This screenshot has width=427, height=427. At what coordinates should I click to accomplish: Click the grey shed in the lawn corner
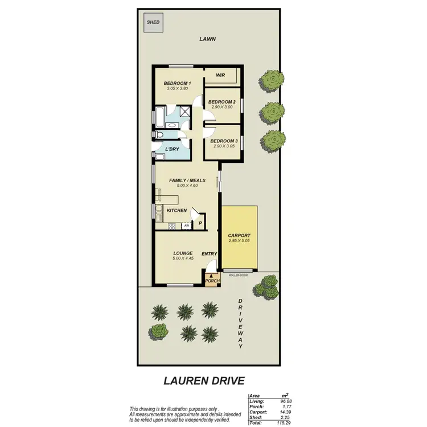point(153,23)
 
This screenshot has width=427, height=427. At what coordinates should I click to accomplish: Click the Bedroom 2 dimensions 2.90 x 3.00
point(221,107)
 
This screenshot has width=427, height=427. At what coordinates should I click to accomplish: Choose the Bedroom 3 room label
point(223,141)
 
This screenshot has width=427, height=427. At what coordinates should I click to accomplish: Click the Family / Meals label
point(187,180)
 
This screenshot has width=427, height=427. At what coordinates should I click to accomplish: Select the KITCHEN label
point(176,211)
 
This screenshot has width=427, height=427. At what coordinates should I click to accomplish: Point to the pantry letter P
point(200,223)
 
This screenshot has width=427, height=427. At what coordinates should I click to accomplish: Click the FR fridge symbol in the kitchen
point(186,226)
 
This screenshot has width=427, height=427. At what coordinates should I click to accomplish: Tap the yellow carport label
point(239,235)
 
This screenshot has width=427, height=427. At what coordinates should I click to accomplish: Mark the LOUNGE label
point(183,253)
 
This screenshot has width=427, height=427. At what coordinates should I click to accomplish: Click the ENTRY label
point(209,253)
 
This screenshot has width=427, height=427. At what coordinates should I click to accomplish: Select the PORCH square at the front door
point(211,280)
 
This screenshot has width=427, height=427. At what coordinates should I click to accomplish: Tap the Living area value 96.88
point(278,402)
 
